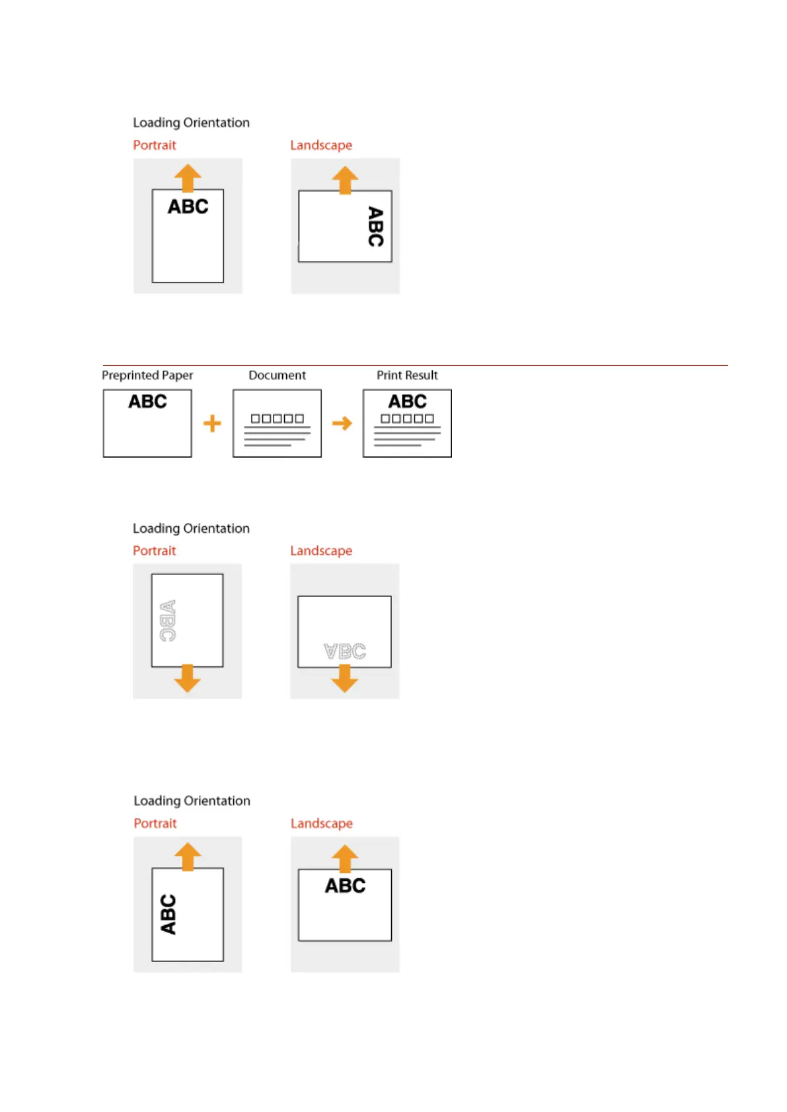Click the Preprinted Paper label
click(x=147, y=375)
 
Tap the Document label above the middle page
click(x=277, y=375)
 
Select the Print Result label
click(x=407, y=375)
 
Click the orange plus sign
click(x=212, y=423)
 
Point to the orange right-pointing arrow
click(x=342, y=423)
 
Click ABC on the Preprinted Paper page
click(x=147, y=401)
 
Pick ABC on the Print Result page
click(x=407, y=401)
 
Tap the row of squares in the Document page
click(x=277, y=419)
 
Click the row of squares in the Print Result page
click(x=407, y=419)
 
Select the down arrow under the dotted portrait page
click(x=188, y=678)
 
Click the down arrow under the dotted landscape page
click(x=344, y=678)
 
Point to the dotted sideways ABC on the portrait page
click(x=168, y=621)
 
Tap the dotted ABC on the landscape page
click(x=344, y=651)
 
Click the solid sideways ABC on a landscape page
click(x=375, y=226)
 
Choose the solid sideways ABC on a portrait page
click(x=169, y=915)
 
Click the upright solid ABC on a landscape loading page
click(x=345, y=886)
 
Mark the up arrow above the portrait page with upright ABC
click(x=188, y=178)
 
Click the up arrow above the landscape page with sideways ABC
click(x=345, y=180)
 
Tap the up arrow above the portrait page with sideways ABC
click(x=188, y=856)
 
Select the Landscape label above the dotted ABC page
click(x=321, y=551)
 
